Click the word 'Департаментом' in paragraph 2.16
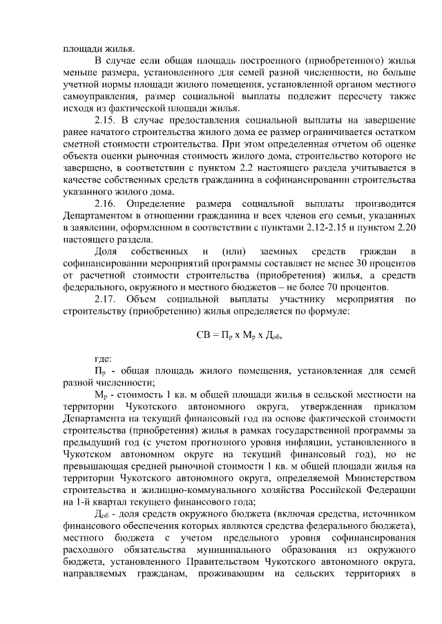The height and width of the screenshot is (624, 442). (x=95, y=216)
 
